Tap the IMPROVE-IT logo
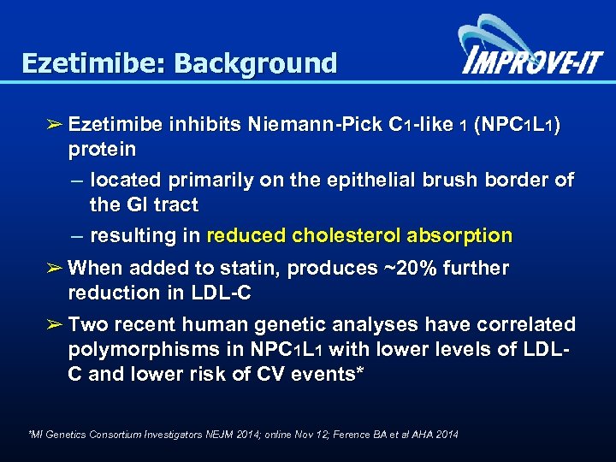[531, 51]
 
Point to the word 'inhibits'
[198, 125]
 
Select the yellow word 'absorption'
[467, 236]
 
